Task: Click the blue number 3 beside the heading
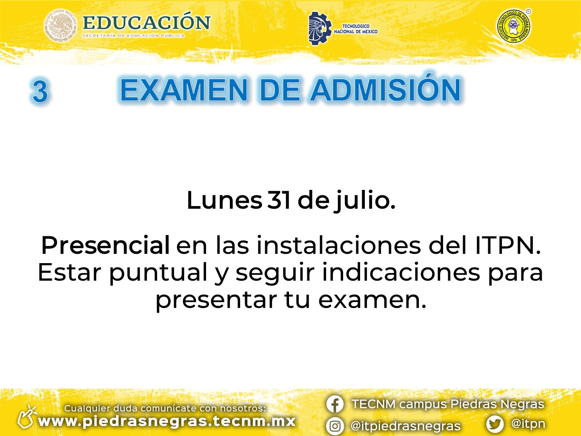coord(40,91)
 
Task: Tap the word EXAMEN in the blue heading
coord(184,90)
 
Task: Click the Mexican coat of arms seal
coord(60,26)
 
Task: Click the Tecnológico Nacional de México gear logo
coord(320,29)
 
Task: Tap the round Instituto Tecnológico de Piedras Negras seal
coord(513,26)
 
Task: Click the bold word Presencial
coord(105,245)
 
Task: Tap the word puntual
coord(158,273)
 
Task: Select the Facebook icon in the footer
coord(335,404)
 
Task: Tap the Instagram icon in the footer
coord(335,426)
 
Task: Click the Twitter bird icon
coord(495,424)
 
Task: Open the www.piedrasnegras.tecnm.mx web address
coord(167,421)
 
